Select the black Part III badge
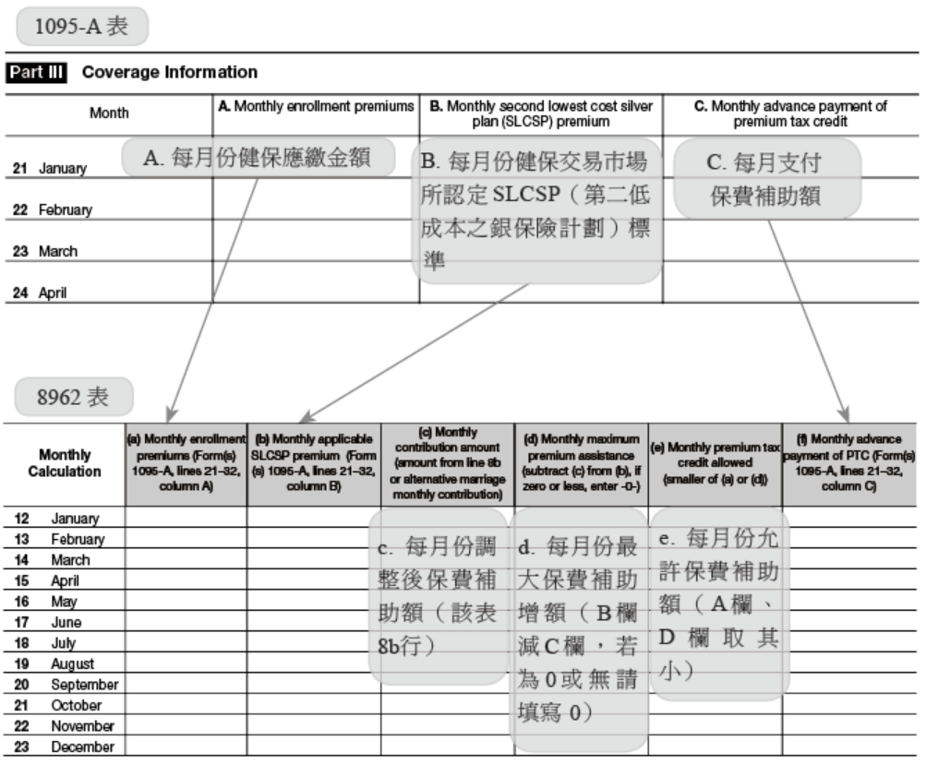(x=41, y=72)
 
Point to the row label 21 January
(x=50, y=169)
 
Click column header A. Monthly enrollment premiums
(x=316, y=107)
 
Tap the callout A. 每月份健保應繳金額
(x=256, y=158)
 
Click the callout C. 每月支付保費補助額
(x=767, y=180)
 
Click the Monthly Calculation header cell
(x=65, y=462)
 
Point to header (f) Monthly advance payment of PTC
(x=849, y=462)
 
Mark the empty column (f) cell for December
(x=849, y=747)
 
